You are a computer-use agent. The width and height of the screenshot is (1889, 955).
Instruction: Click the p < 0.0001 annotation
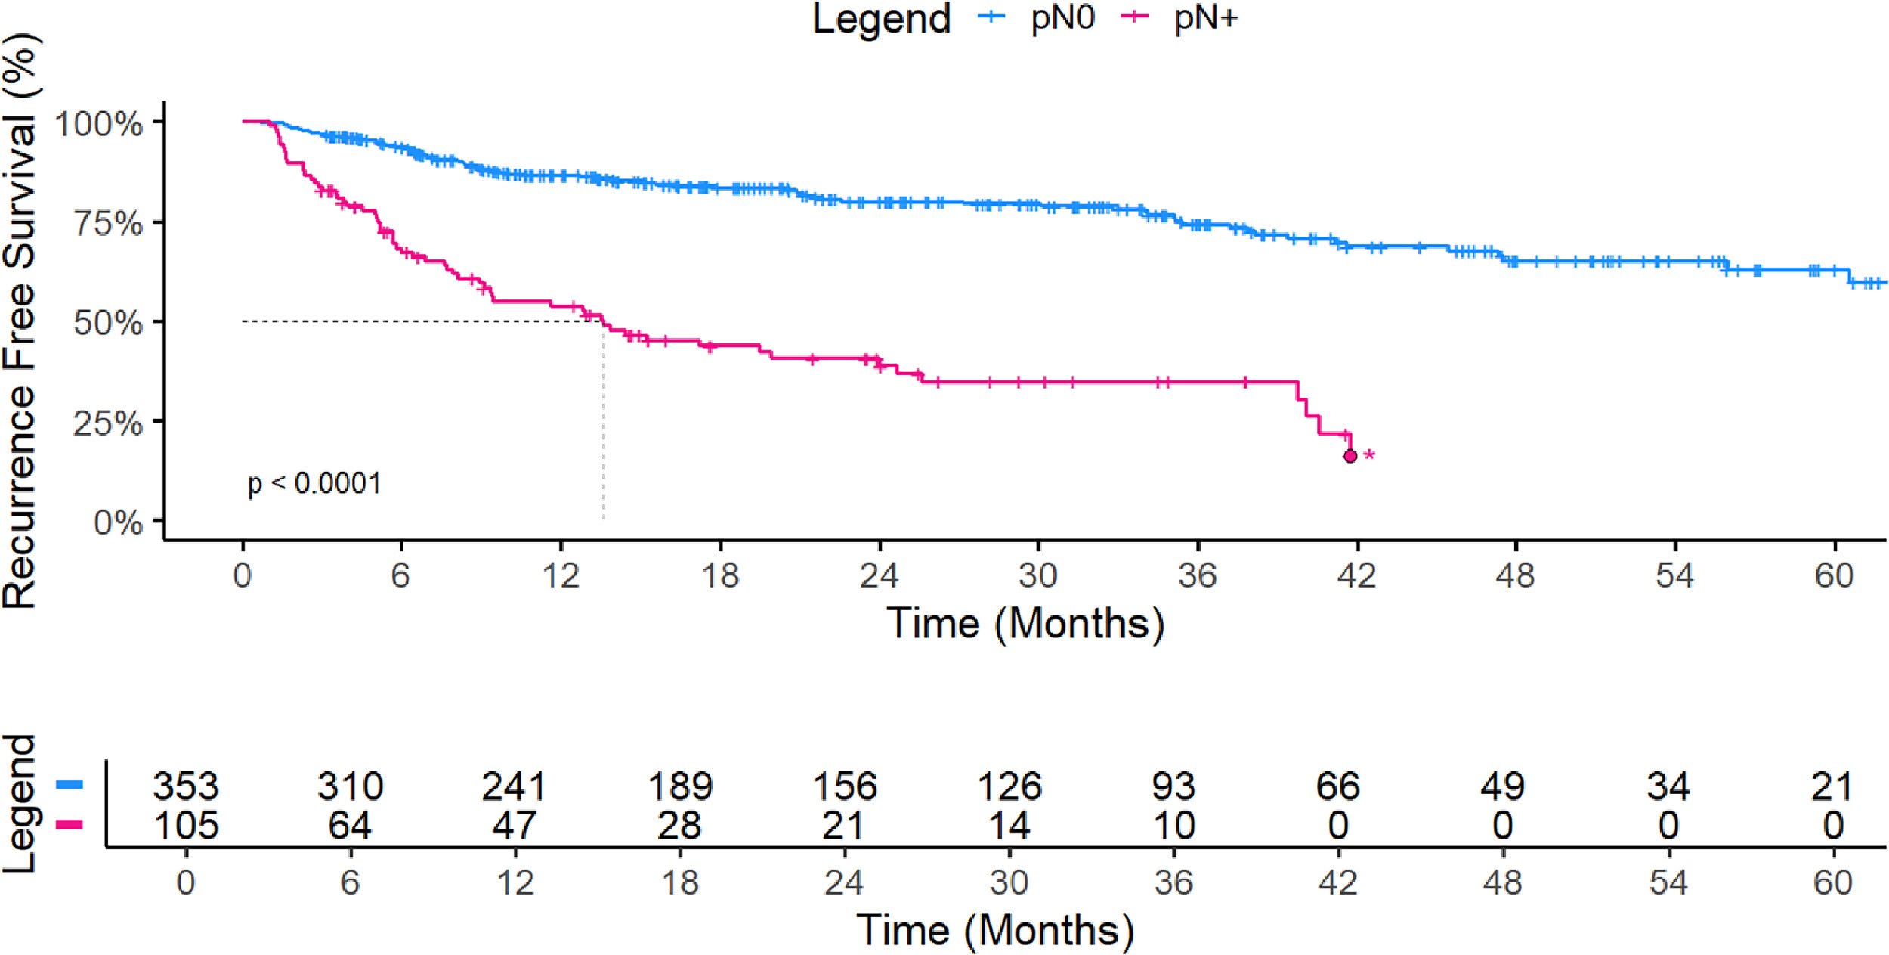(x=314, y=483)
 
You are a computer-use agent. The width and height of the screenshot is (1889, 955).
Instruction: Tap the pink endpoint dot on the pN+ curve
(x=1350, y=456)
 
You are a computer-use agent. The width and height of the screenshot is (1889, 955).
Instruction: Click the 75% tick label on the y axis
(x=108, y=223)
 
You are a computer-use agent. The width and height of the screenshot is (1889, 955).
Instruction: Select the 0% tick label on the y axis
(x=118, y=522)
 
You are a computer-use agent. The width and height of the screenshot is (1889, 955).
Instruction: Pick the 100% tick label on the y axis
(x=99, y=123)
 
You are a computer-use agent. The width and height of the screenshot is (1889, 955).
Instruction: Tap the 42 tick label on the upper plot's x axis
(x=1356, y=576)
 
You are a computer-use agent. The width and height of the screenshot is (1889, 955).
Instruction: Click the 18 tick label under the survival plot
(x=719, y=576)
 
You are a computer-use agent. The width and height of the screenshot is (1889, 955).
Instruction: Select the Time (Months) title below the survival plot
(x=1025, y=625)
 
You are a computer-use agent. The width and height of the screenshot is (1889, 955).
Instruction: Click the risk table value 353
(x=186, y=786)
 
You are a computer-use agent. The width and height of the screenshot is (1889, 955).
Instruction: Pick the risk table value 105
(x=186, y=825)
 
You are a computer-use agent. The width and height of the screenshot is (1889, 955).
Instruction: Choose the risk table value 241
(x=515, y=786)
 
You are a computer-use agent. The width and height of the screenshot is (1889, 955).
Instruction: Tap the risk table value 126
(x=1009, y=786)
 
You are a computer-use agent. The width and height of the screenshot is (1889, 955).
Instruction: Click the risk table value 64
(x=350, y=825)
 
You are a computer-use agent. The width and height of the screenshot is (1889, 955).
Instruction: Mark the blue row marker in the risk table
(x=70, y=785)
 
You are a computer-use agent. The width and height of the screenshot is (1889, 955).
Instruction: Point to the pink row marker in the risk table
(x=70, y=823)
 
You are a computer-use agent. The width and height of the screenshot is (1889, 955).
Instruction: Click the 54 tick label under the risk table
(x=1668, y=882)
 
